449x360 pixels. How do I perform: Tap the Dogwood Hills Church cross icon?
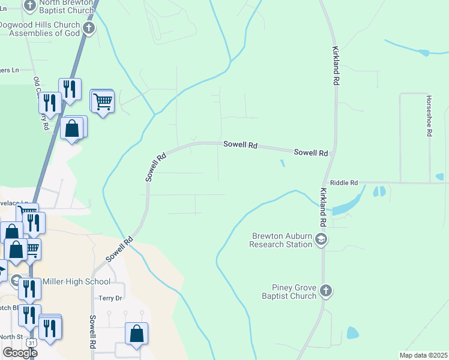tap(89, 28)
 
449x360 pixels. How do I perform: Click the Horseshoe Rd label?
tap(429, 116)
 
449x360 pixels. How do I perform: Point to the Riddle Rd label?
tap(344, 182)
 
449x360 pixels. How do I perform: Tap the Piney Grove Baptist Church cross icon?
tap(326, 291)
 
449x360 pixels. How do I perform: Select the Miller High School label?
tap(76, 282)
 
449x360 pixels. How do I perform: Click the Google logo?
tap(20, 353)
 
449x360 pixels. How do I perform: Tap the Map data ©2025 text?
tap(424, 355)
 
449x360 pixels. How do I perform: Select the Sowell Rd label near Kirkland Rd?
tap(310, 153)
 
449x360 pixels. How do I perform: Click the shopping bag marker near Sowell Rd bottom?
tap(137, 334)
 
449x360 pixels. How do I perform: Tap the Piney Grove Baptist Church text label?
tap(289, 291)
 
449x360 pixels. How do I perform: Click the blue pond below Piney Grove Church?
tap(352, 332)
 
